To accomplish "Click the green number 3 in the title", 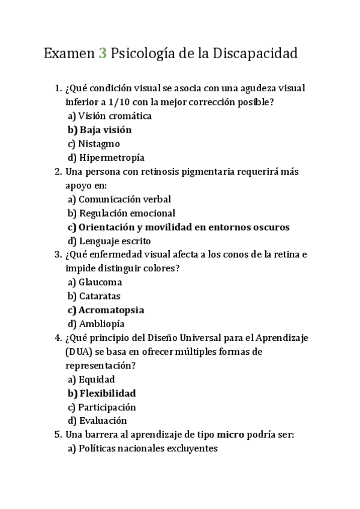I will [x=103, y=53].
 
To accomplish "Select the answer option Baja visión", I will [x=106, y=130].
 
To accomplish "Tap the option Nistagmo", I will [x=99, y=143].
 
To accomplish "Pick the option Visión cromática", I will [x=115, y=116].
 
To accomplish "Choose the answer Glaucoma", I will [x=100, y=282].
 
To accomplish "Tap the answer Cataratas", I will [x=100, y=295].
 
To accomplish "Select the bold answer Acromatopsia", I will [x=112, y=310].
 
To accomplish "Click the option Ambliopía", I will [x=101, y=324].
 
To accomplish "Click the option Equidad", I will [x=97, y=379].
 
